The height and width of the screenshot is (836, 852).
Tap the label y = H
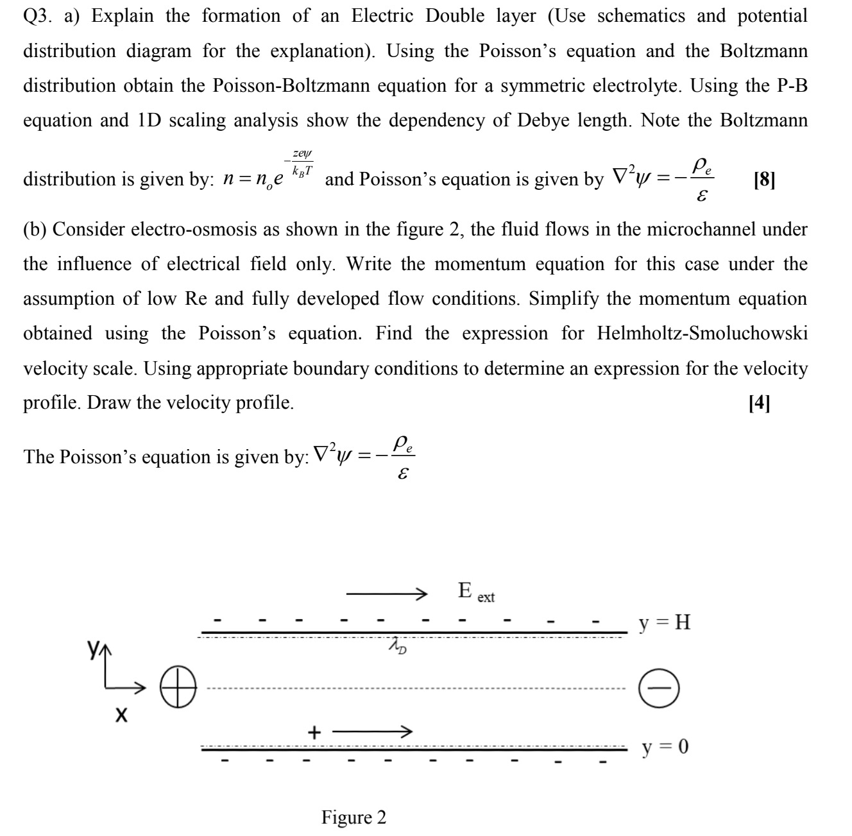(664, 622)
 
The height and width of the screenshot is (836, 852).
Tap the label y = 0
(665, 747)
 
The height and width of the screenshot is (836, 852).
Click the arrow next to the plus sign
(371, 731)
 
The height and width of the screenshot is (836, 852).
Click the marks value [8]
(764, 179)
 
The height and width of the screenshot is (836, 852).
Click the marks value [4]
(759, 402)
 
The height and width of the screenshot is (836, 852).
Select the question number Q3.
(37, 16)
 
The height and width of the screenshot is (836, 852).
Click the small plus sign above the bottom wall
(314, 731)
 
